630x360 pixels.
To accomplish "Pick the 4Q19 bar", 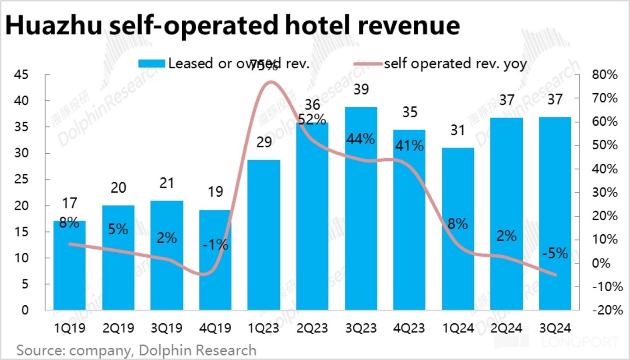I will point(215,260).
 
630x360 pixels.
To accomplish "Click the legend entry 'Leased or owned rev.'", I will point(224,64).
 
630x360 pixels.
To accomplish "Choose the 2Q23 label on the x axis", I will point(312,328).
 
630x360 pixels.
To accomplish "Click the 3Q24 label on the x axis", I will point(555,328).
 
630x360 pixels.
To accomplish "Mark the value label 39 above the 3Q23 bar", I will point(361,90).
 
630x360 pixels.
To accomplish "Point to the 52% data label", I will point(312,119).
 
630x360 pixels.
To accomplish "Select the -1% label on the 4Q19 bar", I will point(215,244).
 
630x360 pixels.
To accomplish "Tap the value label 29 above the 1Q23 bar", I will point(264,143).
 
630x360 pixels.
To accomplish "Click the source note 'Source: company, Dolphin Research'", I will point(136,350).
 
